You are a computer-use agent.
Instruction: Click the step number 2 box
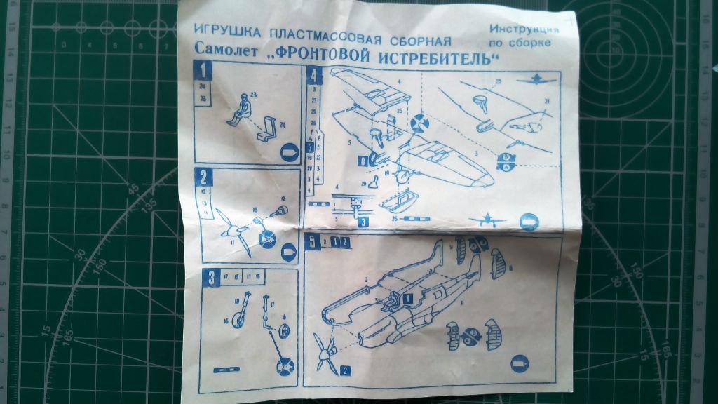coord(203,177)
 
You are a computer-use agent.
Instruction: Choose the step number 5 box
coord(313,242)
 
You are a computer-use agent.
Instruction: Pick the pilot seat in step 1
coord(267,129)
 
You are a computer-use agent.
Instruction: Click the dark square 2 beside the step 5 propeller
coord(346,370)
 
